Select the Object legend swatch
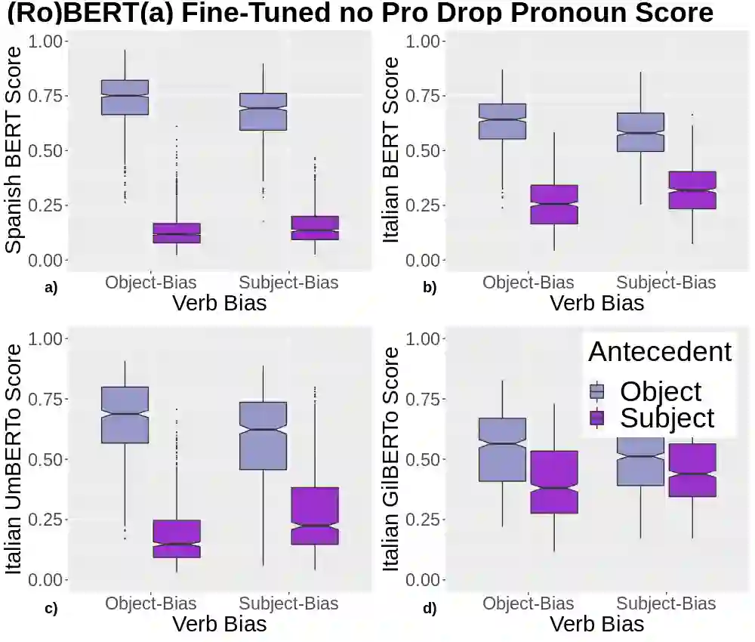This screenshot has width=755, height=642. (x=597, y=391)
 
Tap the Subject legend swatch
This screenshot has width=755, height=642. (x=597, y=418)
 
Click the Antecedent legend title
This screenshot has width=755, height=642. (x=660, y=352)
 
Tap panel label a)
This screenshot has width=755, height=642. (x=51, y=287)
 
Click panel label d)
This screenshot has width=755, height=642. (x=430, y=607)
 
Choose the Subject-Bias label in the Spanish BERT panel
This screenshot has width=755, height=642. (x=288, y=282)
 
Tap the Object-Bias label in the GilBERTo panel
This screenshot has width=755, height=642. (x=528, y=603)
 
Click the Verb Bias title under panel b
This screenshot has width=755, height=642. (x=596, y=304)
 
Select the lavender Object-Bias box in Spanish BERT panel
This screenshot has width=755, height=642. (x=125, y=97)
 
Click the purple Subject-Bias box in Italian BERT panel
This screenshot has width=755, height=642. (x=691, y=190)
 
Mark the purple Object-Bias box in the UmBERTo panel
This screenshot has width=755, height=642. (x=176, y=539)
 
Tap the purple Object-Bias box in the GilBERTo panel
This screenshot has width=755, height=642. (x=553, y=482)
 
